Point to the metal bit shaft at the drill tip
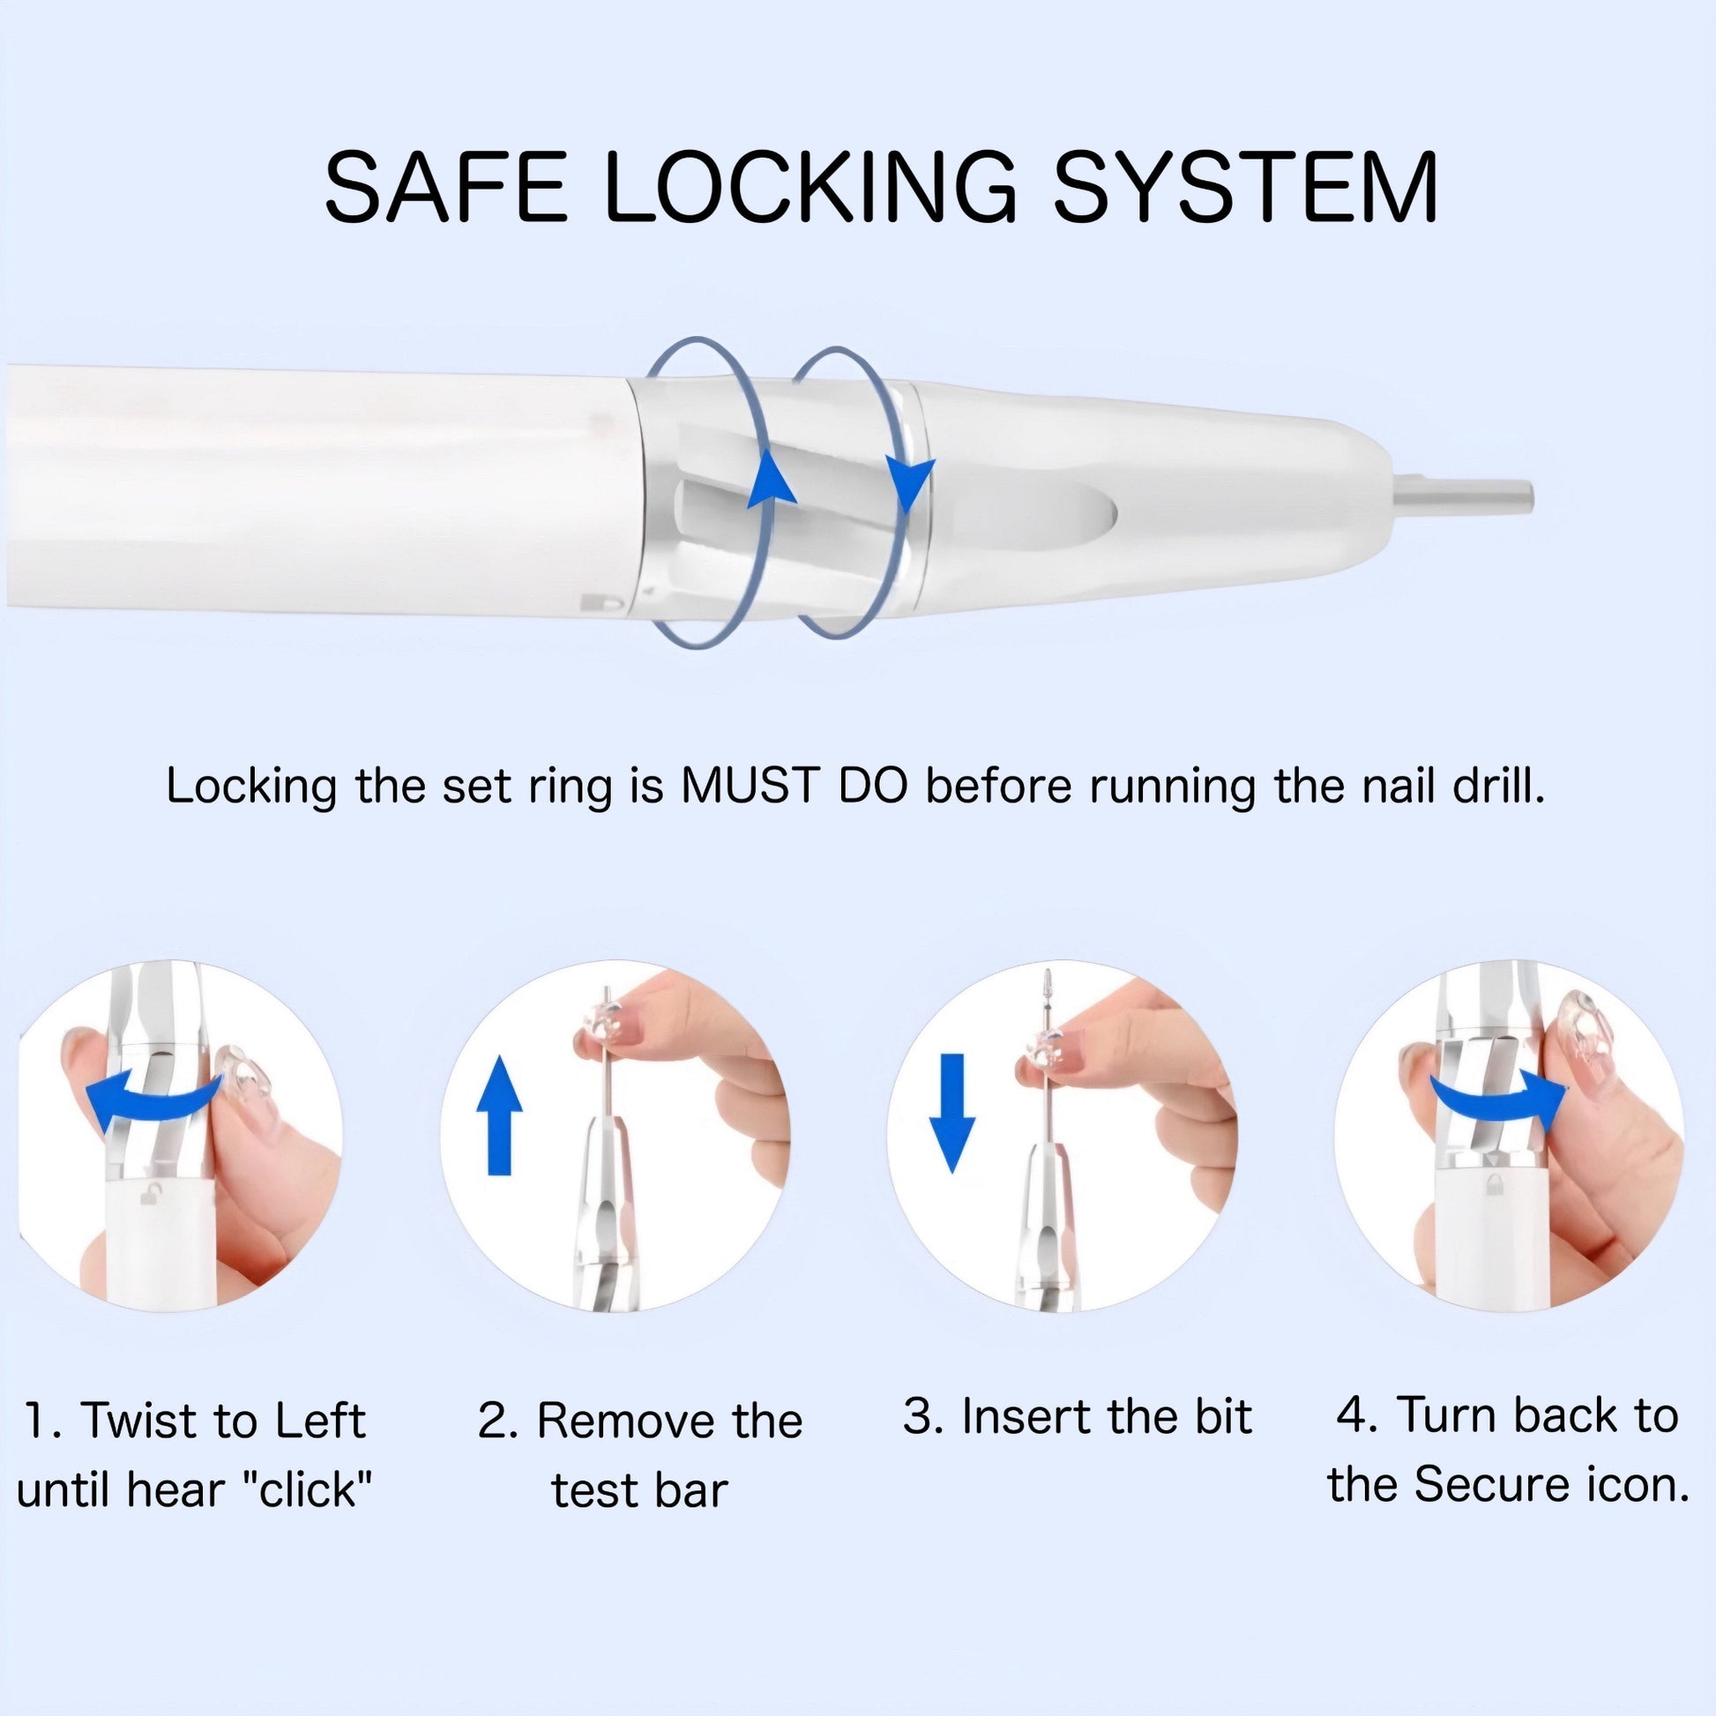[1464, 494]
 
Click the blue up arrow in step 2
[500, 1115]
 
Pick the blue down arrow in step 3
[952, 1113]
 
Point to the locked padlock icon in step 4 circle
[1493, 1183]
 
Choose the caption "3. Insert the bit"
[1077, 1416]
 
